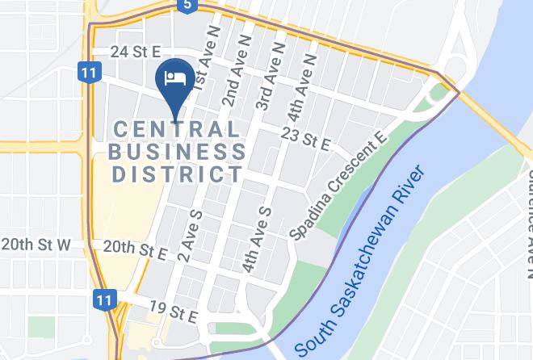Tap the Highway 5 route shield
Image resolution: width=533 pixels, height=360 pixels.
point(187,6)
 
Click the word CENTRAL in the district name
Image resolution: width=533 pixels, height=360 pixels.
point(177,129)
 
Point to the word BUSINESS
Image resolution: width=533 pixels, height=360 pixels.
point(177,151)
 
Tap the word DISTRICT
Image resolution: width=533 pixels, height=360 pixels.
point(177,173)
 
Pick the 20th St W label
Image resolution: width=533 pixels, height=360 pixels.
point(36,244)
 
